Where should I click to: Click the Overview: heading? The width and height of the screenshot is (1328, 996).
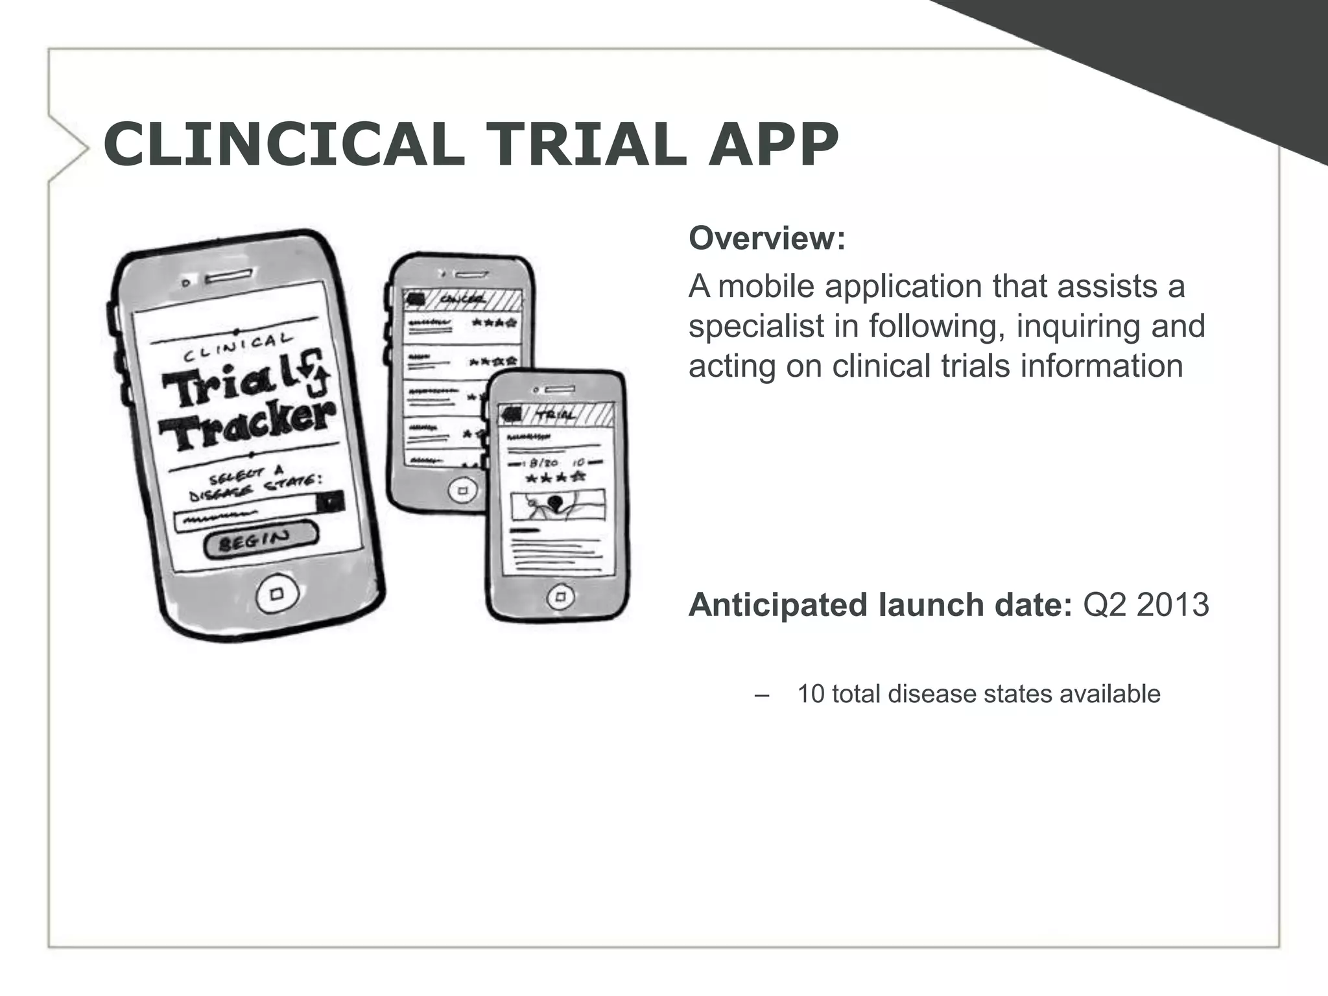(767, 238)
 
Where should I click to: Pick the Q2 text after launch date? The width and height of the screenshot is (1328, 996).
(1104, 605)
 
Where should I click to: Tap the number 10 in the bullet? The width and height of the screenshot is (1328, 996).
(811, 694)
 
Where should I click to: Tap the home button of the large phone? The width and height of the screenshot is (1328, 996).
(278, 593)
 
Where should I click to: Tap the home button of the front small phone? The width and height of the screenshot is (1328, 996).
(560, 596)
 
